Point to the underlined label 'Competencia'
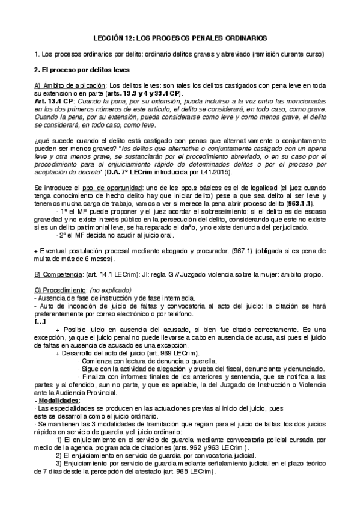[x=61, y=275]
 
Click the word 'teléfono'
[x=169, y=315]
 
